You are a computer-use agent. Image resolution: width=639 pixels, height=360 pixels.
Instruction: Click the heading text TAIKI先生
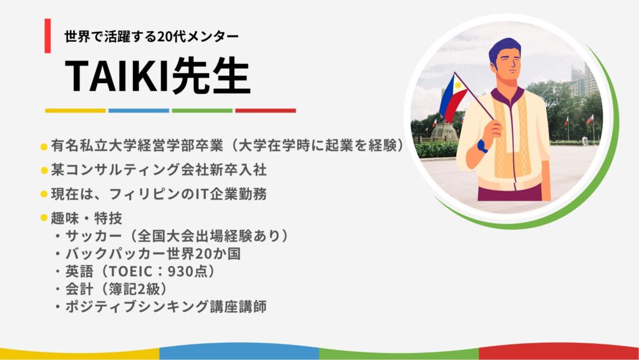point(157,76)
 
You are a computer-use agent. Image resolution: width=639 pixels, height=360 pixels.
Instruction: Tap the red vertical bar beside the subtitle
point(47,36)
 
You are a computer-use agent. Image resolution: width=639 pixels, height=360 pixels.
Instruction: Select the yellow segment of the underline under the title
point(76,111)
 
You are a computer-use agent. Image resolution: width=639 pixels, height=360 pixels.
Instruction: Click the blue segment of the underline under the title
point(139,111)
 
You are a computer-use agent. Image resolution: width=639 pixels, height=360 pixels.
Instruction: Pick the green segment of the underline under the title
point(202,111)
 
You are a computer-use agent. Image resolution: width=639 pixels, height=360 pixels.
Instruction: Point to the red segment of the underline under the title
point(266,111)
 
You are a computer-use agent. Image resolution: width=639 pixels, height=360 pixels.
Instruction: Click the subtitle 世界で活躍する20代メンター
point(152,37)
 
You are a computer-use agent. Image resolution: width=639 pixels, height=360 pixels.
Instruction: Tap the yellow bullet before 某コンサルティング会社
point(44,170)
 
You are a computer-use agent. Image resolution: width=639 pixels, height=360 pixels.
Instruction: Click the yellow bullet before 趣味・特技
point(44,218)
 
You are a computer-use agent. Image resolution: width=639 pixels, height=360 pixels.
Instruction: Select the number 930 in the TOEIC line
point(180,271)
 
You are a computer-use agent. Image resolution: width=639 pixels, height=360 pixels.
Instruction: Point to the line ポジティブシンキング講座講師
point(166,306)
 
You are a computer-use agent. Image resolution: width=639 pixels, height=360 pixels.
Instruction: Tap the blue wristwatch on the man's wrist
point(482,146)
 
